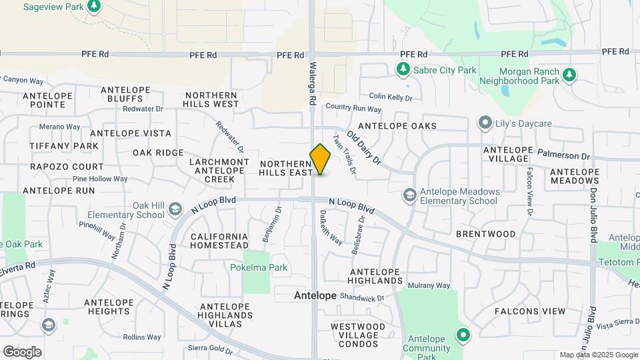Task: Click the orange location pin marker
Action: coord(320,160)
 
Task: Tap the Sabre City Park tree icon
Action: coord(402,69)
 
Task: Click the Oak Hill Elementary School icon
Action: coord(175,209)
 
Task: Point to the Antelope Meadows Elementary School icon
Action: coord(409,195)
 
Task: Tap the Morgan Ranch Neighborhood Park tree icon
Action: coord(569,75)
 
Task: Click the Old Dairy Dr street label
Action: coord(363,147)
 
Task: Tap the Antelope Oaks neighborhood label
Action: coord(397,126)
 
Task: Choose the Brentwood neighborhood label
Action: coord(485,234)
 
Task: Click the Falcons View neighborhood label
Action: coord(529,311)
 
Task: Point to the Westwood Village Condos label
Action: coord(358,335)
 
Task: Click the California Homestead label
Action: coord(219,241)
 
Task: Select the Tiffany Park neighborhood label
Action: coord(64,145)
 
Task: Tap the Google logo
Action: coord(22,351)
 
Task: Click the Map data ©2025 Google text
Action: coord(599,355)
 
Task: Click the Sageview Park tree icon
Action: coord(94,7)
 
